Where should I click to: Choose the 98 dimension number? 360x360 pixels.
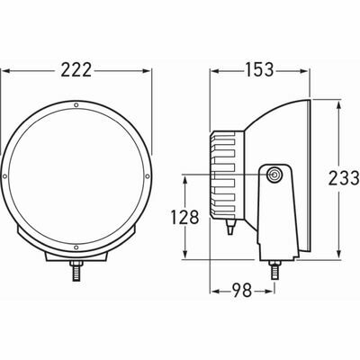(241, 292)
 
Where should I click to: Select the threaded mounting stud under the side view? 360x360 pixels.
(272, 267)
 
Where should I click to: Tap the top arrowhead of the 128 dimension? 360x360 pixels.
(186, 177)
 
